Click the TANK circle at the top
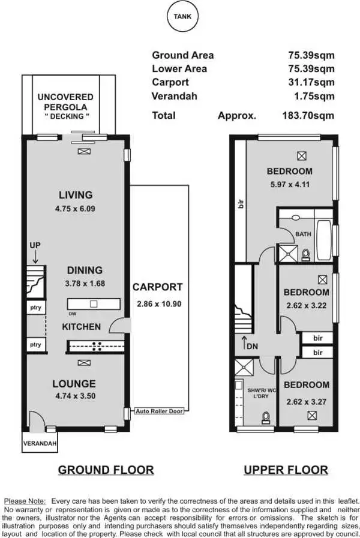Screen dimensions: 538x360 [x=182, y=17]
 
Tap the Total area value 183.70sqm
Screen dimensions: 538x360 [x=308, y=116]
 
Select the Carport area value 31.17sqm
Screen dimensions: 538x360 [x=311, y=82]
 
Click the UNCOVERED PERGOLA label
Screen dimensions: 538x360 [x=65, y=101]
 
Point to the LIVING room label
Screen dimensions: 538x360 [x=76, y=195]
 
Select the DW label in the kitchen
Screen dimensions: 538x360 [x=73, y=314]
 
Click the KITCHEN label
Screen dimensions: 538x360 [x=82, y=327]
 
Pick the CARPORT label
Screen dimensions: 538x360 [x=158, y=287]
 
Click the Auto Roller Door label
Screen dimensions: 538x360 [x=159, y=411]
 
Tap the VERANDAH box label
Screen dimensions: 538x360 [x=40, y=444]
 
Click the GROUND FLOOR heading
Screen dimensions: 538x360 [x=106, y=470]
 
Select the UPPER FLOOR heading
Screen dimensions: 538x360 [x=286, y=470]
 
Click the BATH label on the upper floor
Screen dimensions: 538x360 [x=304, y=234]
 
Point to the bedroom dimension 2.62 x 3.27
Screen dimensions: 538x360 [x=306, y=398]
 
